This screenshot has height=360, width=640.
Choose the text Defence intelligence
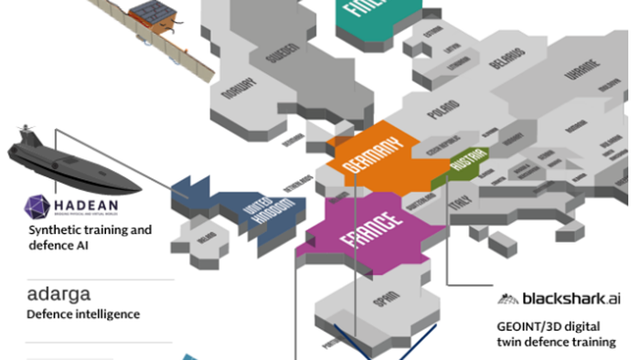(84, 314)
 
